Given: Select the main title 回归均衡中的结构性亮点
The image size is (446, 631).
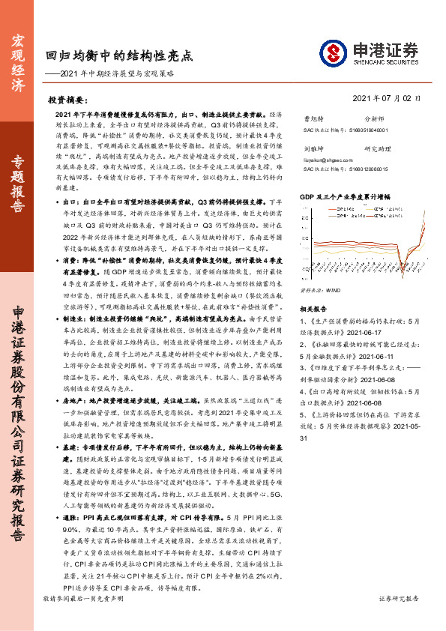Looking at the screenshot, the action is click(118, 55).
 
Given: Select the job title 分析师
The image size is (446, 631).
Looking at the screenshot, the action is click(373, 118).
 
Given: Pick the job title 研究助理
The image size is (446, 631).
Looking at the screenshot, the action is click(376, 148).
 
